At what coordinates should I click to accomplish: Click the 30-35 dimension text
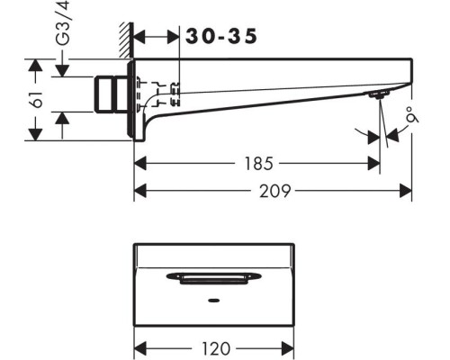(x=221, y=36)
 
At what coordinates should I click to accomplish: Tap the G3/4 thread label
(x=63, y=23)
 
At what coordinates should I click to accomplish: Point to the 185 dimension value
(x=259, y=164)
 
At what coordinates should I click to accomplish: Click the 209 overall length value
(x=274, y=191)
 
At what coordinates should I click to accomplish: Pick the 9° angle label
(x=413, y=118)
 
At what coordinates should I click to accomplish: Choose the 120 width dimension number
(x=216, y=348)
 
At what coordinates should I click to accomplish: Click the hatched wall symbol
(x=126, y=40)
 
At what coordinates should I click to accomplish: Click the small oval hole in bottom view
(x=213, y=301)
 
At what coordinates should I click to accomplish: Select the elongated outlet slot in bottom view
(x=213, y=278)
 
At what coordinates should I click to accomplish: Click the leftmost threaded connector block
(x=103, y=94)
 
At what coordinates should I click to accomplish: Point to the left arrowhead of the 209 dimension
(x=140, y=191)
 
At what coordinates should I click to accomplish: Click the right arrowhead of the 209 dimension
(x=406, y=191)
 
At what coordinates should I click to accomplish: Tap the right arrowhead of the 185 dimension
(x=373, y=164)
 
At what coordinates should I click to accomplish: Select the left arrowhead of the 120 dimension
(x=140, y=348)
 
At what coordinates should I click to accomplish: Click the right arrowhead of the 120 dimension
(x=287, y=348)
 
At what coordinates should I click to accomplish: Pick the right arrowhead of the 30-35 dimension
(x=173, y=37)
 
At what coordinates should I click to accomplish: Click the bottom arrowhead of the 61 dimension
(x=36, y=134)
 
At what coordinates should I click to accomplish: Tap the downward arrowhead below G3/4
(x=62, y=71)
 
